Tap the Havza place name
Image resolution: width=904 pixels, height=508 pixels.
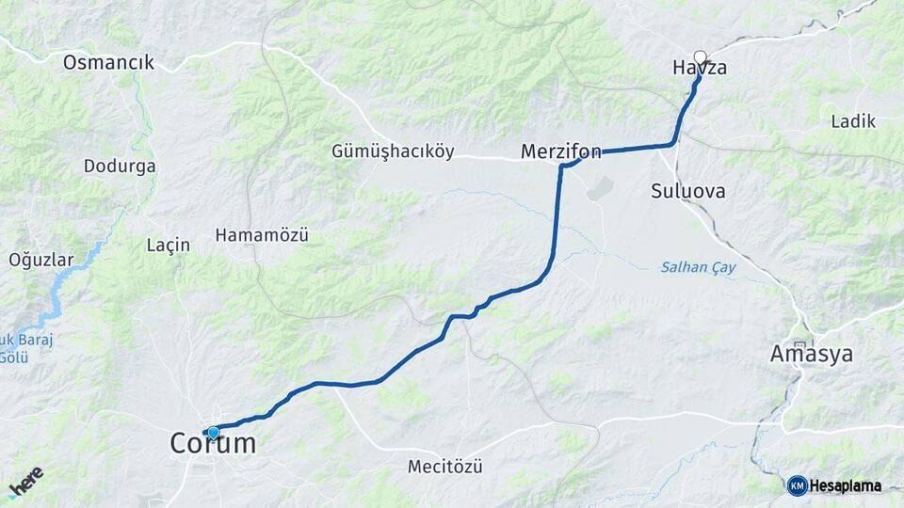tap(700, 69)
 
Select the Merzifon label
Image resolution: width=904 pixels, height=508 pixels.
tap(561, 151)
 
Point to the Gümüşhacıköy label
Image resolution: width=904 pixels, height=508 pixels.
tap(393, 151)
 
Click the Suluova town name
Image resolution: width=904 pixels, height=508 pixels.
tap(687, 191)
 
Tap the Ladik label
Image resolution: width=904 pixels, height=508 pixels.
tap(853, 121)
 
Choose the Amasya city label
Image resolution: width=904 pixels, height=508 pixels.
tap(811, 355)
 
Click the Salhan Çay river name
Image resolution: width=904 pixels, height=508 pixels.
tap(698, 268)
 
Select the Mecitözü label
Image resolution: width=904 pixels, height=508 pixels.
tap(444, 467)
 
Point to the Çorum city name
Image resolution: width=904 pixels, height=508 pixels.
tap(213, 444)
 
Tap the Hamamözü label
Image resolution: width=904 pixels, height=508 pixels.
tap(262, 235)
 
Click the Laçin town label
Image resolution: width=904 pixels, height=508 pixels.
tap(169, 245)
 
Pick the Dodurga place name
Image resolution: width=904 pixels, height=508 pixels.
tap(120, 166)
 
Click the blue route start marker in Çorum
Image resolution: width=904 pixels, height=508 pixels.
tap(213, 433)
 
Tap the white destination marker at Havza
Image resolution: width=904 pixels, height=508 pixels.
tap(700, 56)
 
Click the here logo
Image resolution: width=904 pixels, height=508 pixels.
tap(26, 482)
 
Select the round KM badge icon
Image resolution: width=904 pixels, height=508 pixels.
tap(797, 485)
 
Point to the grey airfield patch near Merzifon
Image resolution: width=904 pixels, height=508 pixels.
tap(599, 187)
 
